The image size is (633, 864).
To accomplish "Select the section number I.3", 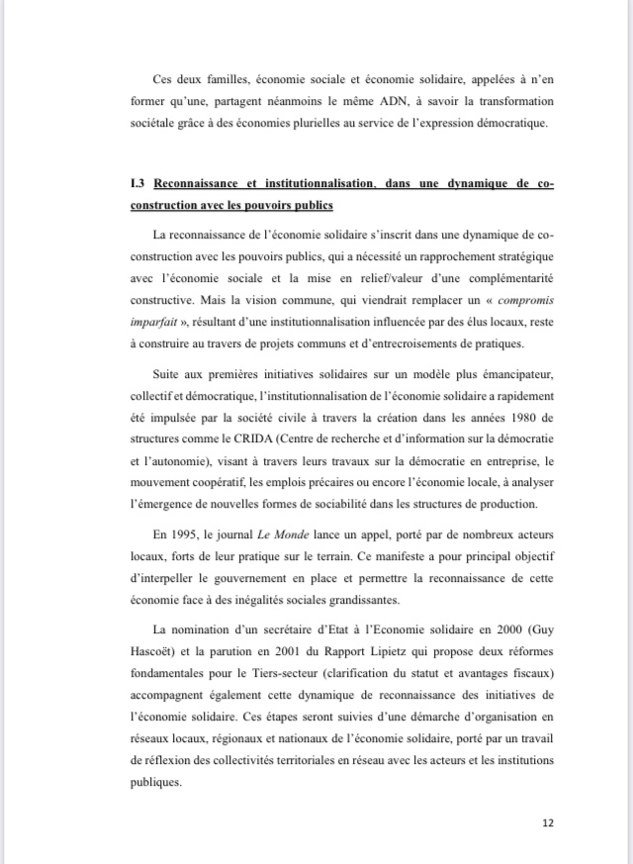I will [x=137, y=184].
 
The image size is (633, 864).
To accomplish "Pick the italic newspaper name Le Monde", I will [x=300, y=534].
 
